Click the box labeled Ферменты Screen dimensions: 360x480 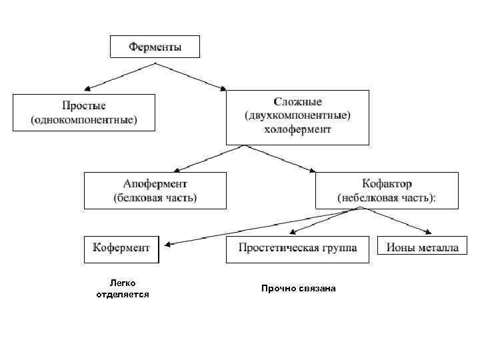tap(155, 47)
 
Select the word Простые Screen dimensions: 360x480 tap(84, 106)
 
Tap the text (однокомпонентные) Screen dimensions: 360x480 tap(84, 120)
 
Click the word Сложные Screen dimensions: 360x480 tap(297, 102)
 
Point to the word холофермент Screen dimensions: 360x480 tap(297, 130)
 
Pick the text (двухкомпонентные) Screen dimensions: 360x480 tap(297, 116)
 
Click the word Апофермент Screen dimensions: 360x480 tap(155, 183)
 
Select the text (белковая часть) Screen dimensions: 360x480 tap(155, 197)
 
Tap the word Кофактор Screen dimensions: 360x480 tap(387, 183)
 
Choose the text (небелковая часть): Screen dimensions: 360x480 tap(387, 197)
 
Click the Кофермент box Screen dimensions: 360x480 tap(121, 248)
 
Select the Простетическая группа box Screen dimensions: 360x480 tap(297, 248)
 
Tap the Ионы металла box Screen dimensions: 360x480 tap(419, 248)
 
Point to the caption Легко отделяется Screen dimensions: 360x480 tap(123, 289)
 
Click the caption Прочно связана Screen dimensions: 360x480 tap(299, 289)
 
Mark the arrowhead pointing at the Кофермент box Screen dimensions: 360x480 tap(168, 244)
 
